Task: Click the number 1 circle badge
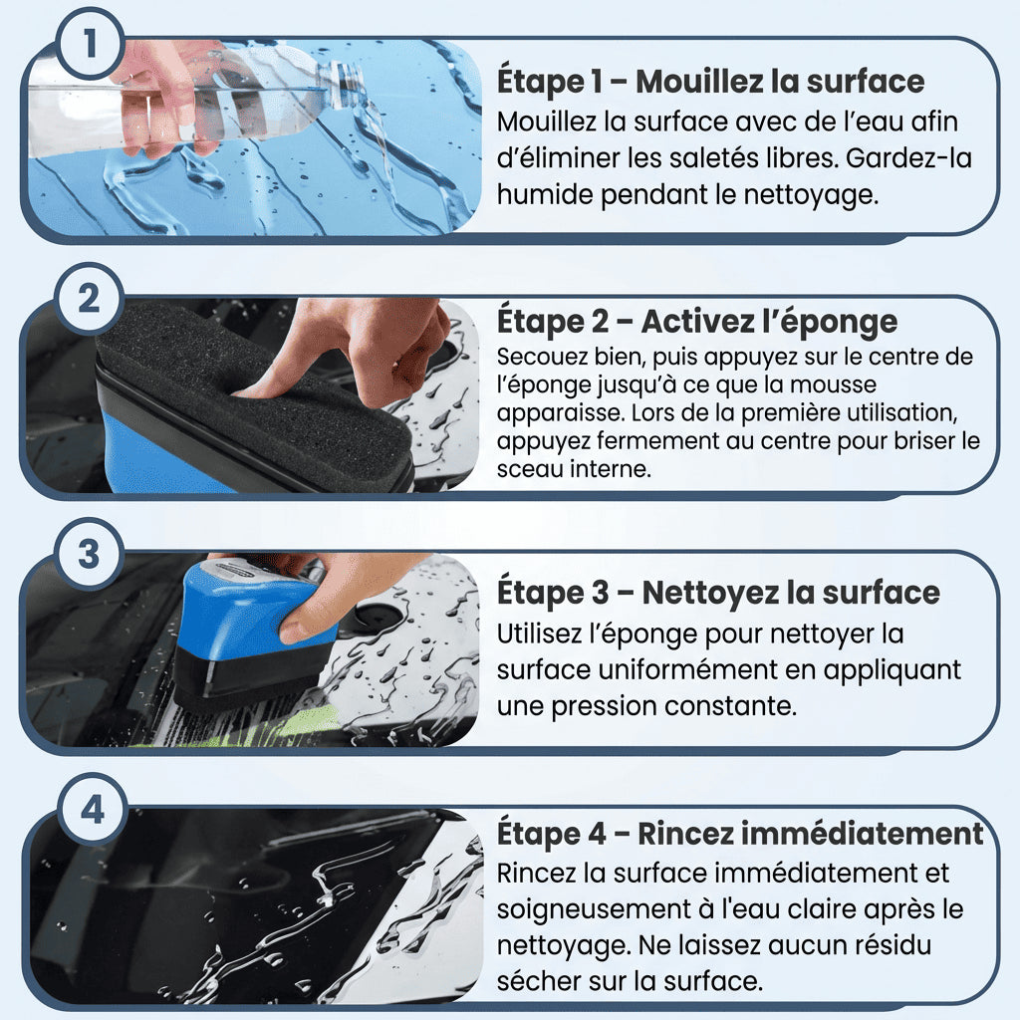[x=89, y=44]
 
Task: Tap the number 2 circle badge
[x=89, y=299]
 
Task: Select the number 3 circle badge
[x=89, y=554]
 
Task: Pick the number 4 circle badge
[x=92, y=810]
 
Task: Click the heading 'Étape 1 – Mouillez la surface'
[x=710, y=82]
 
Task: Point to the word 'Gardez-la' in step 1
[x=908, y=158]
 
